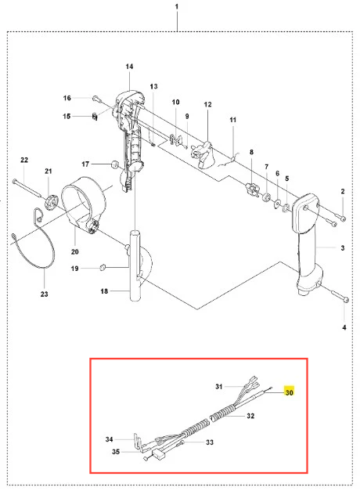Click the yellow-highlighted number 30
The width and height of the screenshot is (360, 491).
click(290, 392)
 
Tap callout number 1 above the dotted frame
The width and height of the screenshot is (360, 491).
click(177, 6)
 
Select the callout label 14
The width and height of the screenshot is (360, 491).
click(129, 67)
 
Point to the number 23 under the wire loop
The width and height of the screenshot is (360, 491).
click(44, 294)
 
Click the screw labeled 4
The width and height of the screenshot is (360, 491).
click(340, 297)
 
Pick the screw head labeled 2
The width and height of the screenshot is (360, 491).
click(343, 218)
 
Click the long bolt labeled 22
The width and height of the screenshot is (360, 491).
click(27, 189)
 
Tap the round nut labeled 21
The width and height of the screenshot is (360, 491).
click(51, 201)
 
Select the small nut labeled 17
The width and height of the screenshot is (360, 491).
click(115, 164)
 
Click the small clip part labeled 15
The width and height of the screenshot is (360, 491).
click(95, 117)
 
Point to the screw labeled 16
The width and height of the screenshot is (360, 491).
click(96, 99)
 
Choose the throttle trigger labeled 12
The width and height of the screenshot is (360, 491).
click(202, 155)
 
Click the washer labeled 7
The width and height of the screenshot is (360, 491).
click(267, 197)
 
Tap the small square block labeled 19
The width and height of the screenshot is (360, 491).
click(103, 267)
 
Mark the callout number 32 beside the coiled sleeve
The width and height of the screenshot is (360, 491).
click(250, 416)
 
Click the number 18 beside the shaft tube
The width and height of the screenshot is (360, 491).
click(104, 291)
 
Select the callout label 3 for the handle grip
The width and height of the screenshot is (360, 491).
click(343, 247)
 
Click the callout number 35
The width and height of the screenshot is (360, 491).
click(116, 452)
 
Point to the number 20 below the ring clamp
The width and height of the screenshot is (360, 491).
click(75, 251)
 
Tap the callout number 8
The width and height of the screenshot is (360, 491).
click(251, 152)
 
